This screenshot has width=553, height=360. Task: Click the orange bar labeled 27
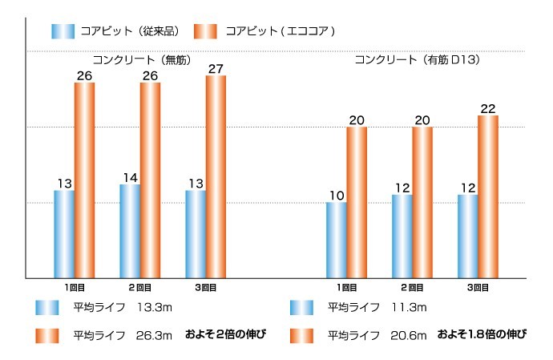click(216, 176)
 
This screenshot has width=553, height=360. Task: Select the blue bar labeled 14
click(130, 231)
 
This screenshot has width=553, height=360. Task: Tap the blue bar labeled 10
click(337, 240)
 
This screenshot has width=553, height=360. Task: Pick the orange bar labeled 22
click(488, 196)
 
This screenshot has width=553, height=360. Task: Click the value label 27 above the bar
click(216, 69)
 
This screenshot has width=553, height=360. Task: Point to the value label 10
click(337, 196)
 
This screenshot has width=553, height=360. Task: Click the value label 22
click(488, 108)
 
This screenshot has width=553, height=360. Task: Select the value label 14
click(130, 177)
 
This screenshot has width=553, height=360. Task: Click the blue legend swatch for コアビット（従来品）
click(63, 31)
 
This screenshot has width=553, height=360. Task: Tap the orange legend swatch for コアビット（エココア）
click(206, 31)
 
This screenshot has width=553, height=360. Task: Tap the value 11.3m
click(408, 307)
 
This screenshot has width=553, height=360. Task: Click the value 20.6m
click(408, 334)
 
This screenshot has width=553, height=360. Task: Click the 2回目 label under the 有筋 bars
click(412, 287)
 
